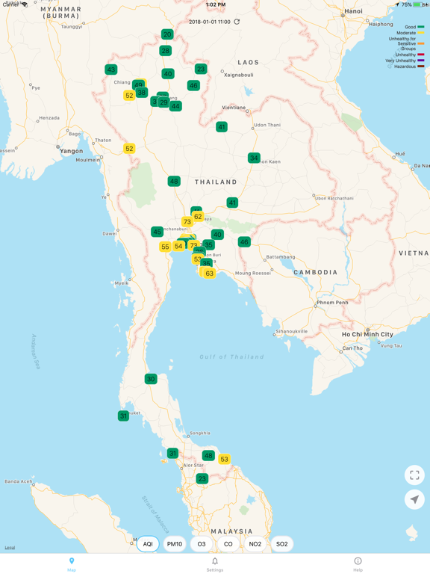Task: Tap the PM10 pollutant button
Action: click(175, 544)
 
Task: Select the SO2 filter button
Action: click(282, 544)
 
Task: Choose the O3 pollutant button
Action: click(202, 544)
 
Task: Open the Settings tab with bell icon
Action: click(215, 564)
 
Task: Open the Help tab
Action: click(358, 564)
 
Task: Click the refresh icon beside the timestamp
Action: click(237, 22)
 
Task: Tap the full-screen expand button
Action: click(414, 475)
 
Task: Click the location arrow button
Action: click(414, 499)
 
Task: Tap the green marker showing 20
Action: click(167, 34)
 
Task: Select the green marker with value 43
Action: click(111, 70)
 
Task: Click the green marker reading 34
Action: click(254, 158)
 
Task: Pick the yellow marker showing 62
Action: click(198, 217)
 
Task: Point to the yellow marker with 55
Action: click(165, 247)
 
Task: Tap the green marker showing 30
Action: click(151, 379)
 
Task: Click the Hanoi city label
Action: click(353, 11)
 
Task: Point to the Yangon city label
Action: click(72, 151)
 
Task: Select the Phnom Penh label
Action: click(332, 303)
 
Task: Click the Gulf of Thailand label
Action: click(231, 357)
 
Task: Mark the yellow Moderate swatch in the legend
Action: click(421, 33)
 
